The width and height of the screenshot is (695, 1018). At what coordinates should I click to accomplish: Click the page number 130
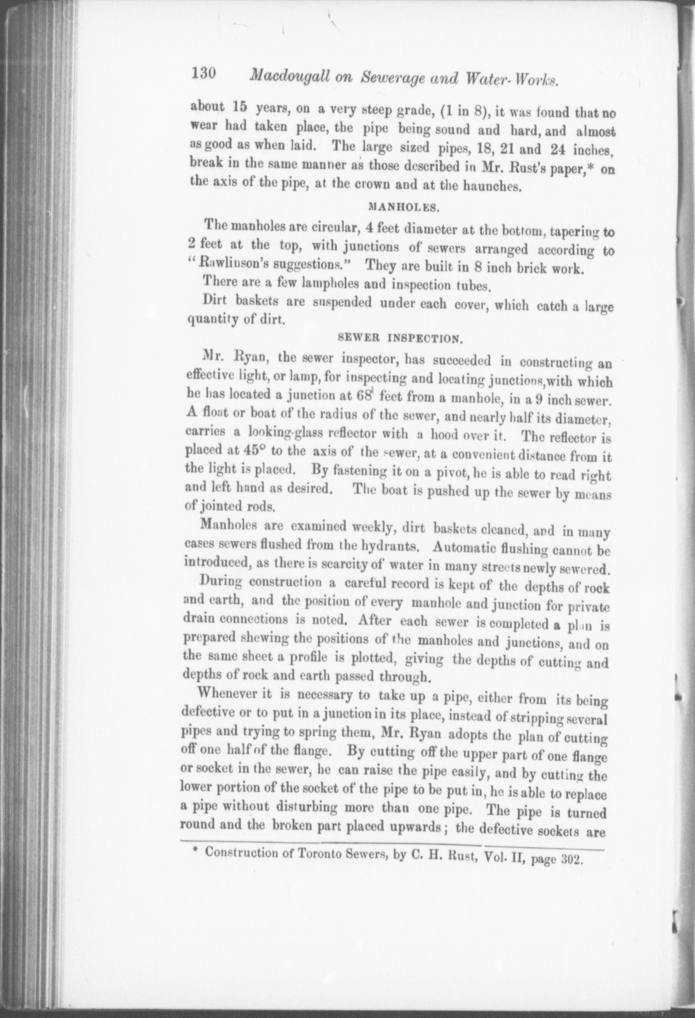[x=202, y=74]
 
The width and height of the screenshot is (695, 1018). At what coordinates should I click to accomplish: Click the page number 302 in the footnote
[x=571, y=859]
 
